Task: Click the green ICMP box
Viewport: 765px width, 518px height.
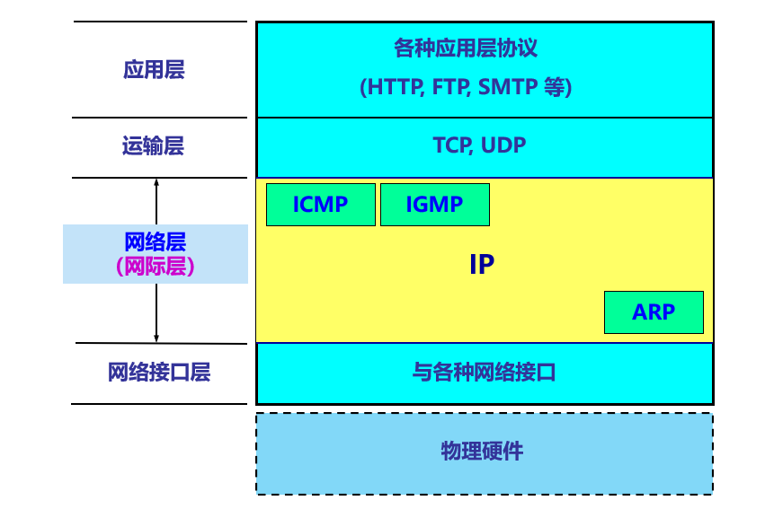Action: pos(321,205)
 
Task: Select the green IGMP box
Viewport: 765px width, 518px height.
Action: pos(435,205)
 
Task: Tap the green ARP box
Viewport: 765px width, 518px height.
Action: pos(654,312)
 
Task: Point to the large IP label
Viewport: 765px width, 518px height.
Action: pos(482,264)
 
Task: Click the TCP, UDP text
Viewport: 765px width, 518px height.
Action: pos(479,145)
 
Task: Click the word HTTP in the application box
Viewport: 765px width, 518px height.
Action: pos(395,87)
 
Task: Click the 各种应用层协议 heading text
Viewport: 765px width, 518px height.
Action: pos(466,48)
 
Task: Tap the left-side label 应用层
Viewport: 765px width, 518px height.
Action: pos(154,70)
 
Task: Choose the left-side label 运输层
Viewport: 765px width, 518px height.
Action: pos(153,145)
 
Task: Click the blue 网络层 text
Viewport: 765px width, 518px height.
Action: pos(156,241)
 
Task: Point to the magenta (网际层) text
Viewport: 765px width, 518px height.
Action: pos(156,267)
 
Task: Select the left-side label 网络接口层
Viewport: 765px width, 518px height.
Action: pos(159,373)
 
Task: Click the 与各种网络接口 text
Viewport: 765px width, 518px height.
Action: pos(484,373)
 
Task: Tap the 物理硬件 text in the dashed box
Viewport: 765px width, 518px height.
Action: pos(482,452)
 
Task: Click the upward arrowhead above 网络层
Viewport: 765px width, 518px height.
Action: pos(156,182)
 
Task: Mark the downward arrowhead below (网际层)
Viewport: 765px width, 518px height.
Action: pos(156,338)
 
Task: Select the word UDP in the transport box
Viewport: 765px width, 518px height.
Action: pos(503,145)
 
